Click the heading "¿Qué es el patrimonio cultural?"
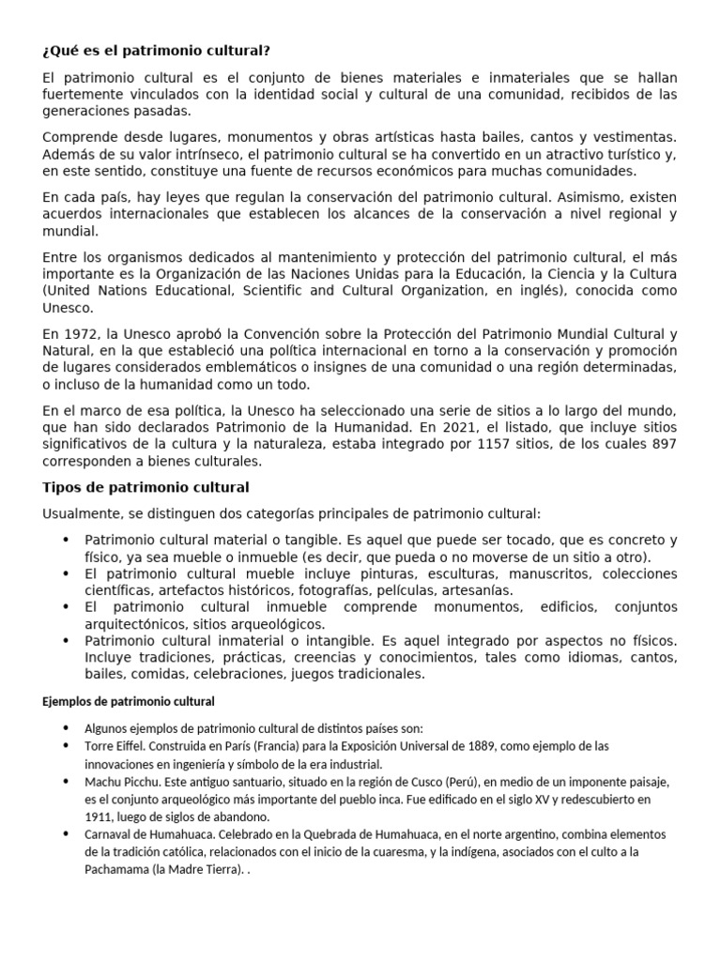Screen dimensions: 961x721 [x=161, y=51]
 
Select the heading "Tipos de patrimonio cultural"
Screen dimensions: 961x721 [x=146, y=487]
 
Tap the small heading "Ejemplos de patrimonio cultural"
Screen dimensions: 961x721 [x=129, y=701]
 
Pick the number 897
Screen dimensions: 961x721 [x=661, y=444]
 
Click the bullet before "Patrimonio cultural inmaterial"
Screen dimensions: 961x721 [x=65, y=641]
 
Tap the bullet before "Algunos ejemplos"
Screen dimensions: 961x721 [x=65, y=728]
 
